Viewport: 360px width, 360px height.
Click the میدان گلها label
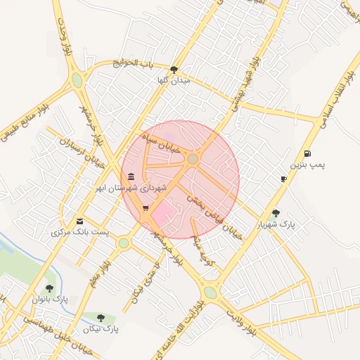pos(174,81)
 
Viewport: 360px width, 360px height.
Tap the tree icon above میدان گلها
pos(174,69)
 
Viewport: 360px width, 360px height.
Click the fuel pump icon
pos(307,153)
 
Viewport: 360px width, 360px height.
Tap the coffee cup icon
pos(283,179)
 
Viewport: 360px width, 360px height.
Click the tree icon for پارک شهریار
pos(276,213)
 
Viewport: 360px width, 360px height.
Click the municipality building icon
pos(131,176)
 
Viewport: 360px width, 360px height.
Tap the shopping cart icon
pos(145,208)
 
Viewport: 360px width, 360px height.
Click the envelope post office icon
pos(79,221)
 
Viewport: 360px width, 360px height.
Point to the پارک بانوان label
pos(48,299)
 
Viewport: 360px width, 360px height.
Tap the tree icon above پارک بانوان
pos(49,288)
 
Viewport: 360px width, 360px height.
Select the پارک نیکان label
pos(101,328)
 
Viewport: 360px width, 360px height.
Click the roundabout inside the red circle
pos(193,160)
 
